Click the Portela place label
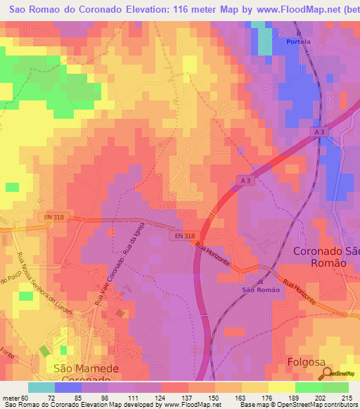click(298, 41)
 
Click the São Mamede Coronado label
click(82, 372)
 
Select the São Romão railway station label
click(261, 290)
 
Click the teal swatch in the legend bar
click(41, 387)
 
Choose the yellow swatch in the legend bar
click(281, 387)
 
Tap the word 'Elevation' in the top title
click(148, 8)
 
